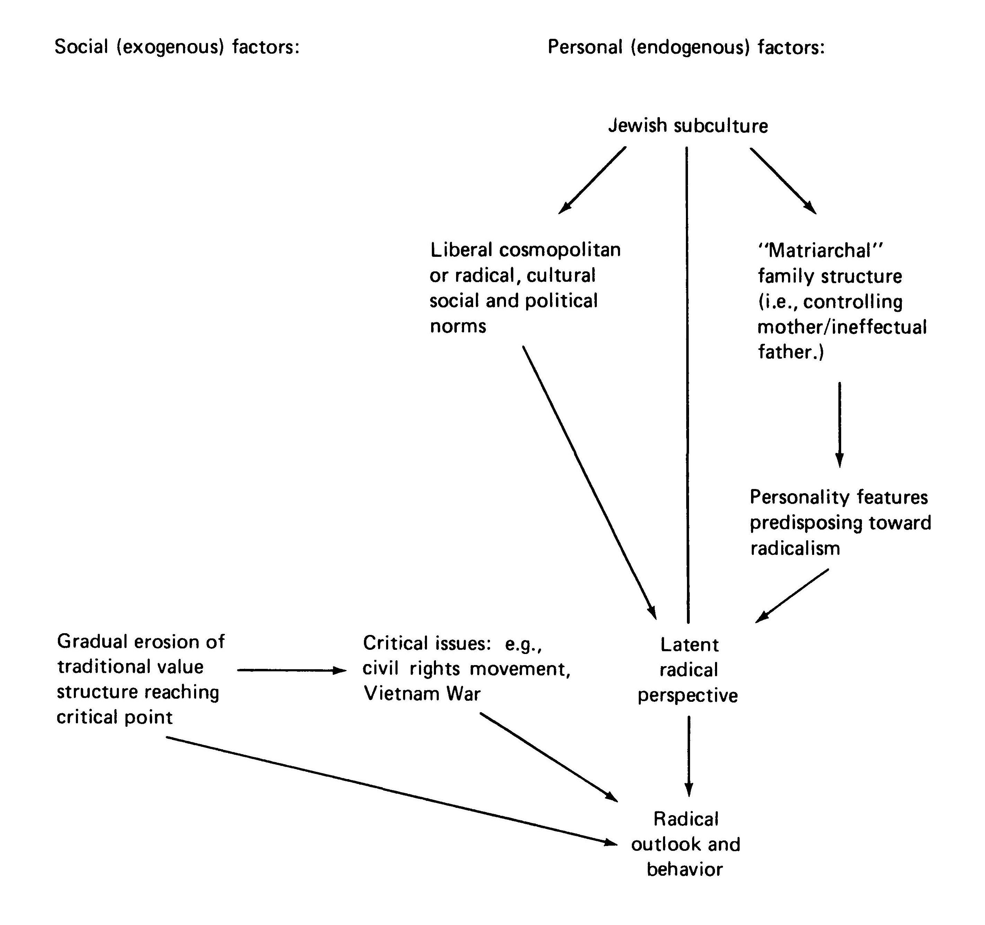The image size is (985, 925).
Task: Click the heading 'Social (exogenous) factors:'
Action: [x=177, y=47]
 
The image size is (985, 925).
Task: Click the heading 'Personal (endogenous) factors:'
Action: [x=686, y=47]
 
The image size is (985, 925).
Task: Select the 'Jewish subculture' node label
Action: [x=688, y=126]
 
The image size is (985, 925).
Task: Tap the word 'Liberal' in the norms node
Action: [x=461, y=250]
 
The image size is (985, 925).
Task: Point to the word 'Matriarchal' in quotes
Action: [x=820, y=251]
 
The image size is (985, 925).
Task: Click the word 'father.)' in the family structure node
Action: [x=791, y=352]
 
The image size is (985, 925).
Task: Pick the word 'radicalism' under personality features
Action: [x=795, y=549]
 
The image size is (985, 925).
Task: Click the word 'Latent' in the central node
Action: [x=689, y=645]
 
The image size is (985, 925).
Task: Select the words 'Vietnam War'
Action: [x=422, y=693]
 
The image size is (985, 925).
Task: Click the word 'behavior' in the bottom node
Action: [x=685, y=870]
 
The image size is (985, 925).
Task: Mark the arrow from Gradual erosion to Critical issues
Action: [x=291, y=670]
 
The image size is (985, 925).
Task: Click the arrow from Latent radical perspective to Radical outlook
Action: [x=689, y=756]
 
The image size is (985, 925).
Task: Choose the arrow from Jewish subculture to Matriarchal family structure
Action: [x=783, y=180]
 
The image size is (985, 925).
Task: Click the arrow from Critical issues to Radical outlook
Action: [x=549, y=757]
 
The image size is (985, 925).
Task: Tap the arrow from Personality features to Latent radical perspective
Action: [x=792, y=595]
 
